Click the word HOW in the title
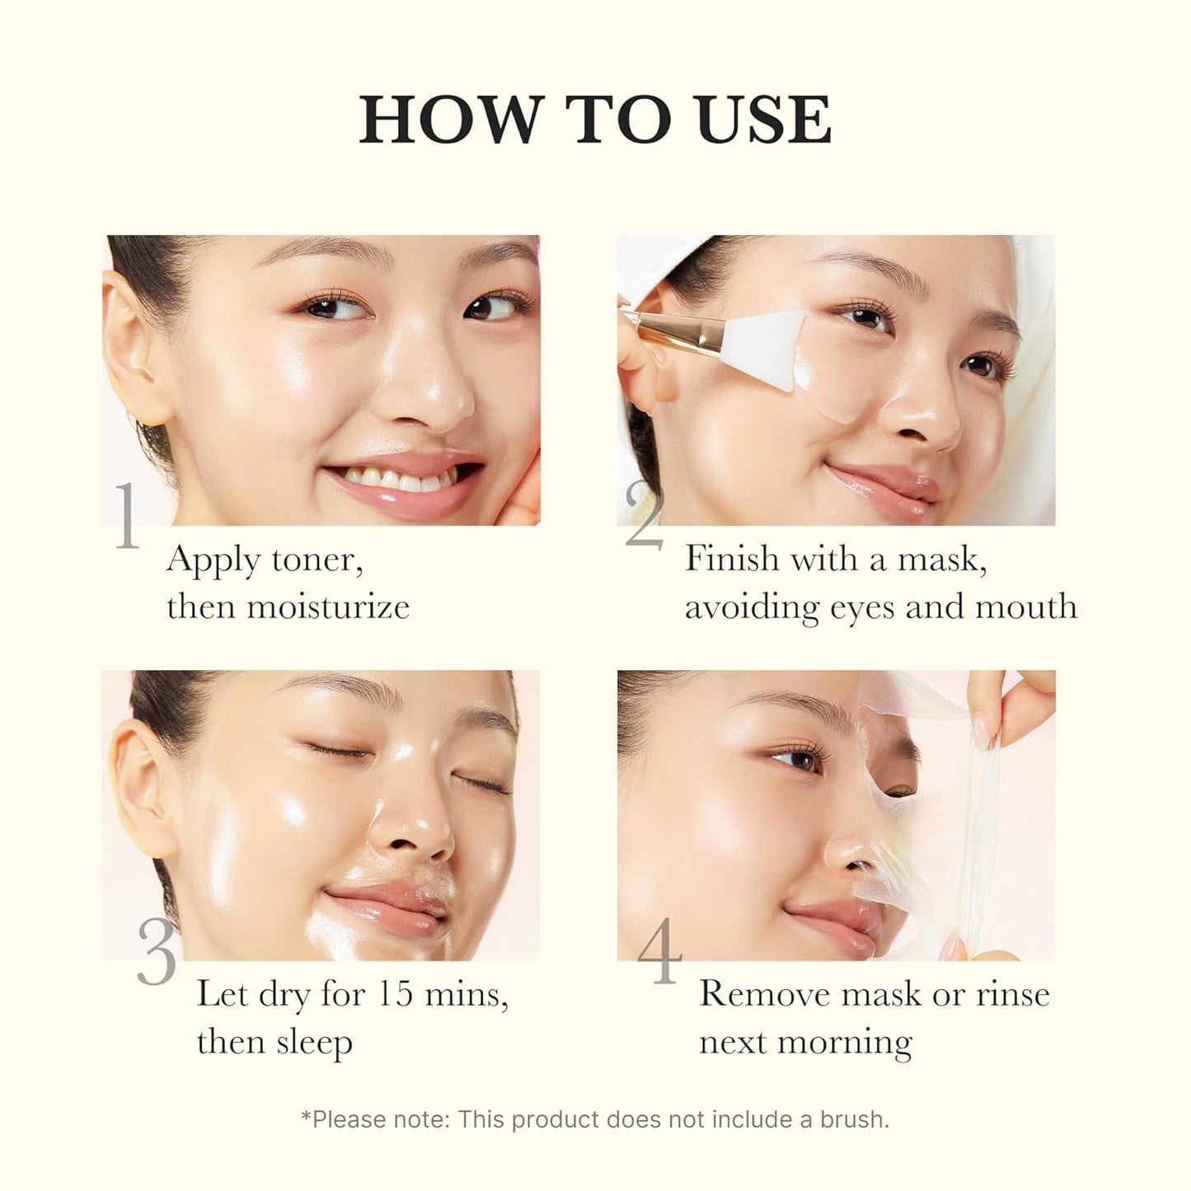tap(448, 120)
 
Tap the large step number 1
tap(127, 517)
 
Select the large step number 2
tap(644, 517)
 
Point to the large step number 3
tap(157, 951)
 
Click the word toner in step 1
tap(317, 560)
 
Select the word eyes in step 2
tap(863, 607)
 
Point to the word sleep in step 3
tap(314, 1043)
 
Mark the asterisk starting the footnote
tap(306, 1117)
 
